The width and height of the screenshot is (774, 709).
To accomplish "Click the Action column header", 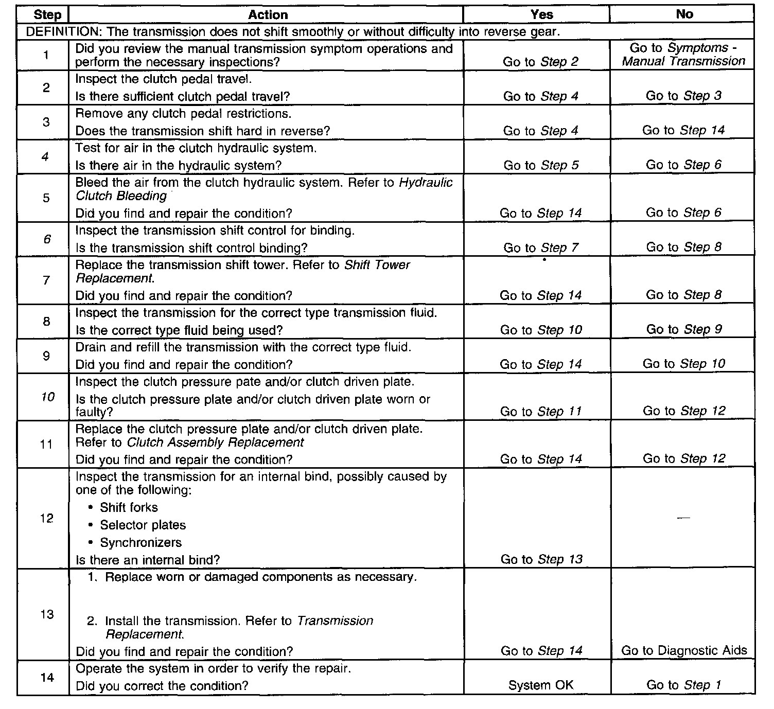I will click(268, 14).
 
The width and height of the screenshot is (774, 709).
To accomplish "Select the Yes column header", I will click(541, 14).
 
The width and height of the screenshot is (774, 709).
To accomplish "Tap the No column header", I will click(684, 14).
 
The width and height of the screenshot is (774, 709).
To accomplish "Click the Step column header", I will click(47, 15).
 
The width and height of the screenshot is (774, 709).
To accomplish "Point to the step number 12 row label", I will click(47, 518).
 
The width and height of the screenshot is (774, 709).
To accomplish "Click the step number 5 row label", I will click(47, 198).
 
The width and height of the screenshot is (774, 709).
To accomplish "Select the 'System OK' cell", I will click(540, 685).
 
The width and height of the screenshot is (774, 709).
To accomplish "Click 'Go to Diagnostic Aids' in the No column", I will click(684, 650).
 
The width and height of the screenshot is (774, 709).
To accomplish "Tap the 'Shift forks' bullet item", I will click(129, 507).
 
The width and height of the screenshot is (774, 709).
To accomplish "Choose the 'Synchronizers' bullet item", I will click(140, 542).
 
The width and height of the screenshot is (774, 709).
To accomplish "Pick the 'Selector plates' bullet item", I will click(143, 525).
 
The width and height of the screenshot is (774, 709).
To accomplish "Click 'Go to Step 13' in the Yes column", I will click(541, 559).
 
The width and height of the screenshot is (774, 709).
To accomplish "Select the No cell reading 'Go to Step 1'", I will click(684, 685).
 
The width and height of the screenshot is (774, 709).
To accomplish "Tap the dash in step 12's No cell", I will click(683, 518).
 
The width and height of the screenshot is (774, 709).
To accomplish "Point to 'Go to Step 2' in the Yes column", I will click(540, 62).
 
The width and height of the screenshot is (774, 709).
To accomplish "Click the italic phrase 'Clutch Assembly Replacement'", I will click(215, 442).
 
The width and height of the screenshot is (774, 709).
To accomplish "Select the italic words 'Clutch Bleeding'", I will click(121, 196).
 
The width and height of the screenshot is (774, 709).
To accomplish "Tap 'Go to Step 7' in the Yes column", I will click(541, 248).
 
